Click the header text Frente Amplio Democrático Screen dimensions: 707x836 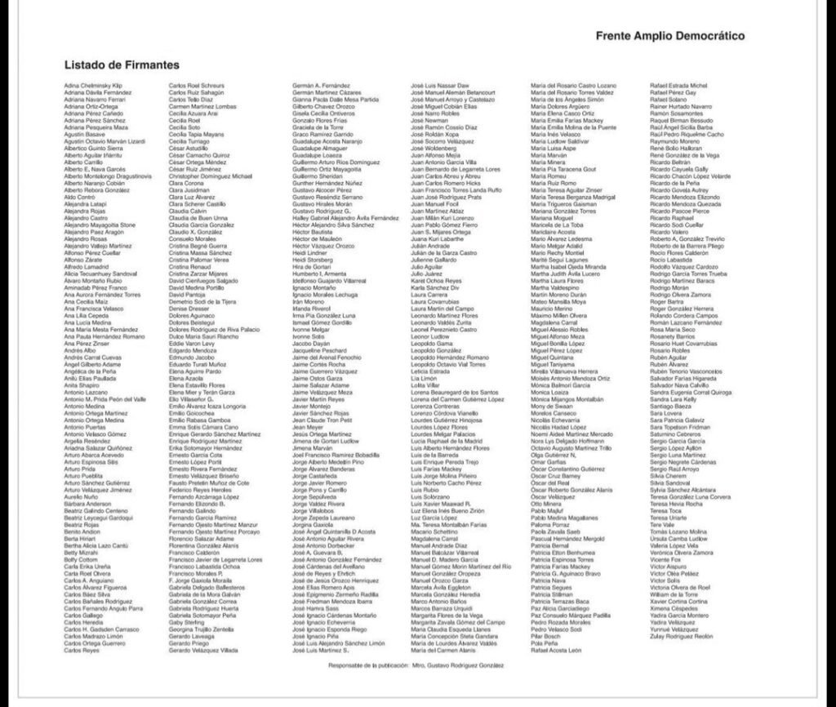point(669,36)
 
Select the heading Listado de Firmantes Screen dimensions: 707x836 point(122,64)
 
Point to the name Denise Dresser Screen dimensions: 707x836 point(189,309)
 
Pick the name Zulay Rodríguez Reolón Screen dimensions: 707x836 point(682,636)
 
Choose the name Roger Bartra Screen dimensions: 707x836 point(666,302)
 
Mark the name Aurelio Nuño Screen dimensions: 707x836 point(81,497)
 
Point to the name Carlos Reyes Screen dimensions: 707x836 point(82,651)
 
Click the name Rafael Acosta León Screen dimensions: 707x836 point(557,651)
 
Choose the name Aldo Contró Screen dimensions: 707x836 point(80,198)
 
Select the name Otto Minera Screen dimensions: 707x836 point(546,505)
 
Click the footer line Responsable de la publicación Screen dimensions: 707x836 point(416,665)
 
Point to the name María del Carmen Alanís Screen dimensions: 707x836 point(446,651)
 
